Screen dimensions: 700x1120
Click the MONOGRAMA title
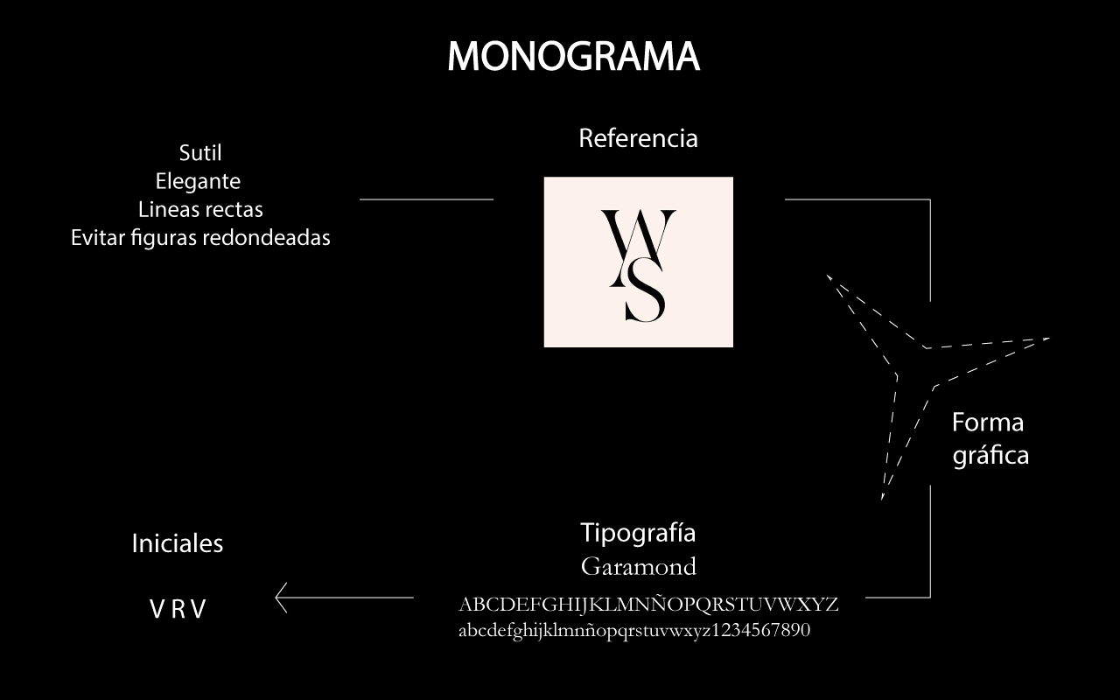coord(573,57)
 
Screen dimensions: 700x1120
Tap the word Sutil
coord(200,153)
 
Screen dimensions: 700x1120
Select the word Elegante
coord(198,181)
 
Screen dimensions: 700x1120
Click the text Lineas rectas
coord(200,209)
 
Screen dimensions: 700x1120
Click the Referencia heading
coord(638,138)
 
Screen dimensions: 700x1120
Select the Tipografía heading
coord(638,533)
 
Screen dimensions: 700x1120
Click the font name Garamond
coord(638,566)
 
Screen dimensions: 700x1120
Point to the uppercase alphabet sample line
coord(648,605)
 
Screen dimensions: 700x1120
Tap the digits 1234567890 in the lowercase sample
coord(761,630)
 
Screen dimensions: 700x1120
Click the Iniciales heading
coord(178,543)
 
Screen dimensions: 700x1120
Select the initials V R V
coord(178,609)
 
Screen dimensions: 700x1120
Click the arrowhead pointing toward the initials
coord(282,598)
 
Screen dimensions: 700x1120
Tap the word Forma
coord(988,423)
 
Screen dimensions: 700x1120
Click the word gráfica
coord(990,455)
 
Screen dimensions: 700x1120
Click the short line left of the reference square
coord(426,199)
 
